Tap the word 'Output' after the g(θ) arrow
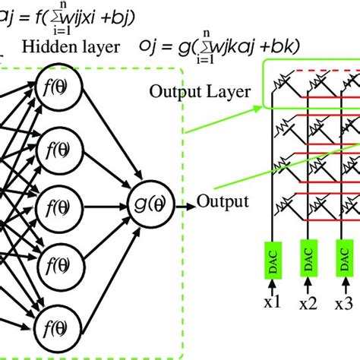223,202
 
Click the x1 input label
272,302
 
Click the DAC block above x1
272,257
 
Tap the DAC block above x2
308,257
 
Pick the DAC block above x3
343,257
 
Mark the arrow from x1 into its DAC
272,283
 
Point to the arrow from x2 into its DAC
308,283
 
